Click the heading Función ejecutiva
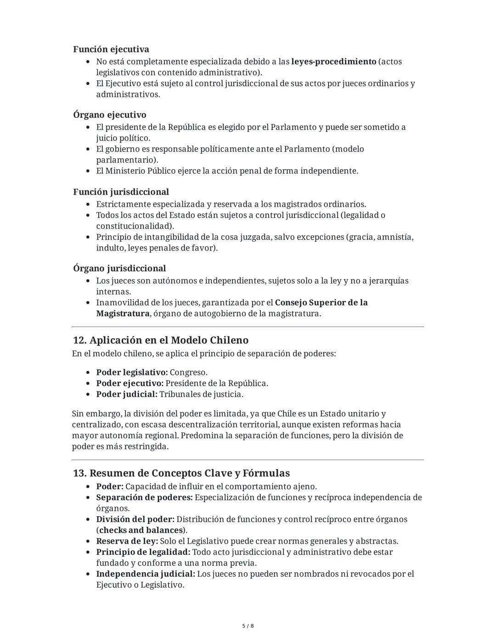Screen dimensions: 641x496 [x=111, y=49]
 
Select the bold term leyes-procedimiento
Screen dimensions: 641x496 [x=333, y=61]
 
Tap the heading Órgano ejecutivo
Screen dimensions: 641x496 [x=109, y=115]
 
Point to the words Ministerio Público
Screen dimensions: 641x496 [x=140, y=171]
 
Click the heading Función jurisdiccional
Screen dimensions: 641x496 [x=121, y=192]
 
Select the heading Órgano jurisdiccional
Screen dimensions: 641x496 [x=119, y=268]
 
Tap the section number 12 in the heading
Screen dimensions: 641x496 [x=79, y=340]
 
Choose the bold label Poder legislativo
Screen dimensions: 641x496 [x=131, y=373]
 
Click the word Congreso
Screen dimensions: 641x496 [x=188, y=373]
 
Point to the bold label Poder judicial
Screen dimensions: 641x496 [x=126, y=395]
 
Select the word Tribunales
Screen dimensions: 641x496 [x=180, y=395]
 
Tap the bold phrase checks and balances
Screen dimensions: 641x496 [x=140, y=530]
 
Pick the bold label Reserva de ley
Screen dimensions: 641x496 [x=127, y=541]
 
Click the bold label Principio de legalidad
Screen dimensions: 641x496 [x=143, y=552]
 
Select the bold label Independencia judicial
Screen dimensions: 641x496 [x=146, y=574]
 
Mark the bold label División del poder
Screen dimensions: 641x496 [x=135, y=519]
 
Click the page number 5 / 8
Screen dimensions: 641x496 [x=248, y=626]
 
